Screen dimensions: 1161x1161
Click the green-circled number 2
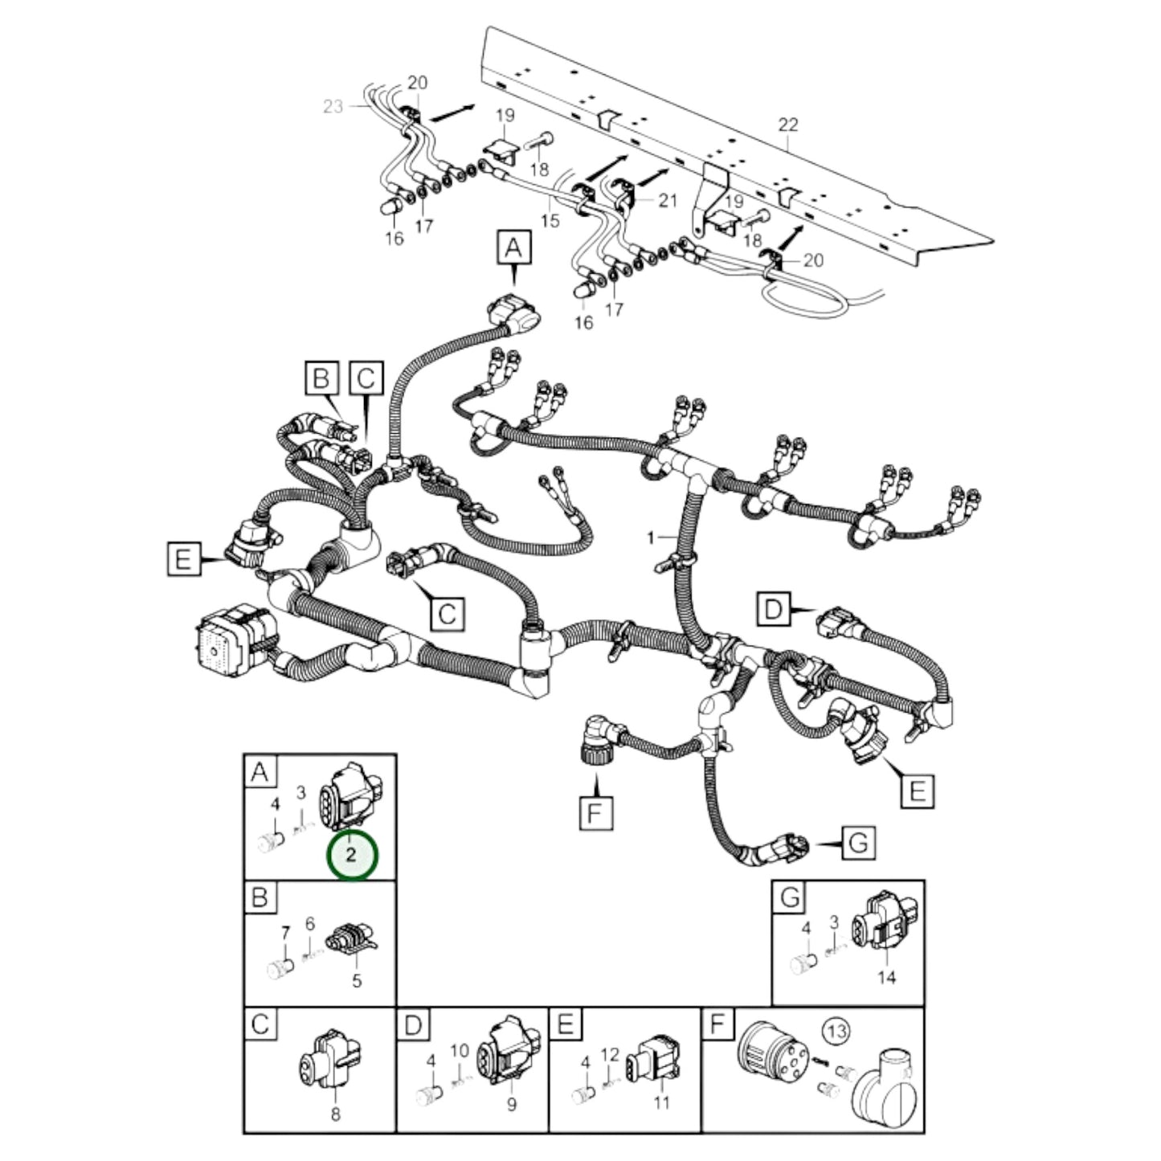351,855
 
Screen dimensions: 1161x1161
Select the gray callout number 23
333,106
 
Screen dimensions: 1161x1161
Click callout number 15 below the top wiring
550,220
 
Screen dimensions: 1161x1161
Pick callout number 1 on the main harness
651,537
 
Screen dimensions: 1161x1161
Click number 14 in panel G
886,977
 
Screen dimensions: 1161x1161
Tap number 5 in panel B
357,980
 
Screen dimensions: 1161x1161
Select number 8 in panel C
335,1114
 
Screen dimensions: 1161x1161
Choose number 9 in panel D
511,1105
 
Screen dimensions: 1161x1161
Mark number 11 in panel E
660,1104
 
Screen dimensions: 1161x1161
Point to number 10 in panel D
459,1051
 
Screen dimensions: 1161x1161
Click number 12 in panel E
610,1053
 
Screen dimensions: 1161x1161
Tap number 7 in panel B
284,933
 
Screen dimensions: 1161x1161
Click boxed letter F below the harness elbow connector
595,814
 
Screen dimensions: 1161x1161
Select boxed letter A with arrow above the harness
513,247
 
